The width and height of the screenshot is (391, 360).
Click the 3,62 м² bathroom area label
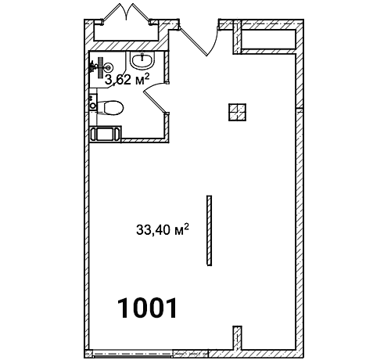[x=127, y=80]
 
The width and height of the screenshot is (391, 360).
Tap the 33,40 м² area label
[x=163, y=229]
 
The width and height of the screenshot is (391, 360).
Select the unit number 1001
[x=148, y=308]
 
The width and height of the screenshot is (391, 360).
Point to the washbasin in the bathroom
[x=142, y=60]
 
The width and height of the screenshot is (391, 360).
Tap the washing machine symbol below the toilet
[x=106, y=135]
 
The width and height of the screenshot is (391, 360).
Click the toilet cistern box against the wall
[x=93, y=102]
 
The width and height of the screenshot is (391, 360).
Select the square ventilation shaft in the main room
[x=237, y=112]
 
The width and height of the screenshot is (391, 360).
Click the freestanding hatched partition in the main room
[x=209, y=231]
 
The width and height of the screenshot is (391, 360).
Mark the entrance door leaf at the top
[x=193, y=41]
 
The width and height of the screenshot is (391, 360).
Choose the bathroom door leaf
[x=155, y=102]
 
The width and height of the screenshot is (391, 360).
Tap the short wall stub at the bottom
[x=237, y=338]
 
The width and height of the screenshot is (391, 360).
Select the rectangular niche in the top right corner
[x=268, y=39]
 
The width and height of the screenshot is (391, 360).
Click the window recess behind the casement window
[x=126, y=32]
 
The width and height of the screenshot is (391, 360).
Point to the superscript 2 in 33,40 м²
[x=186, y=226]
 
